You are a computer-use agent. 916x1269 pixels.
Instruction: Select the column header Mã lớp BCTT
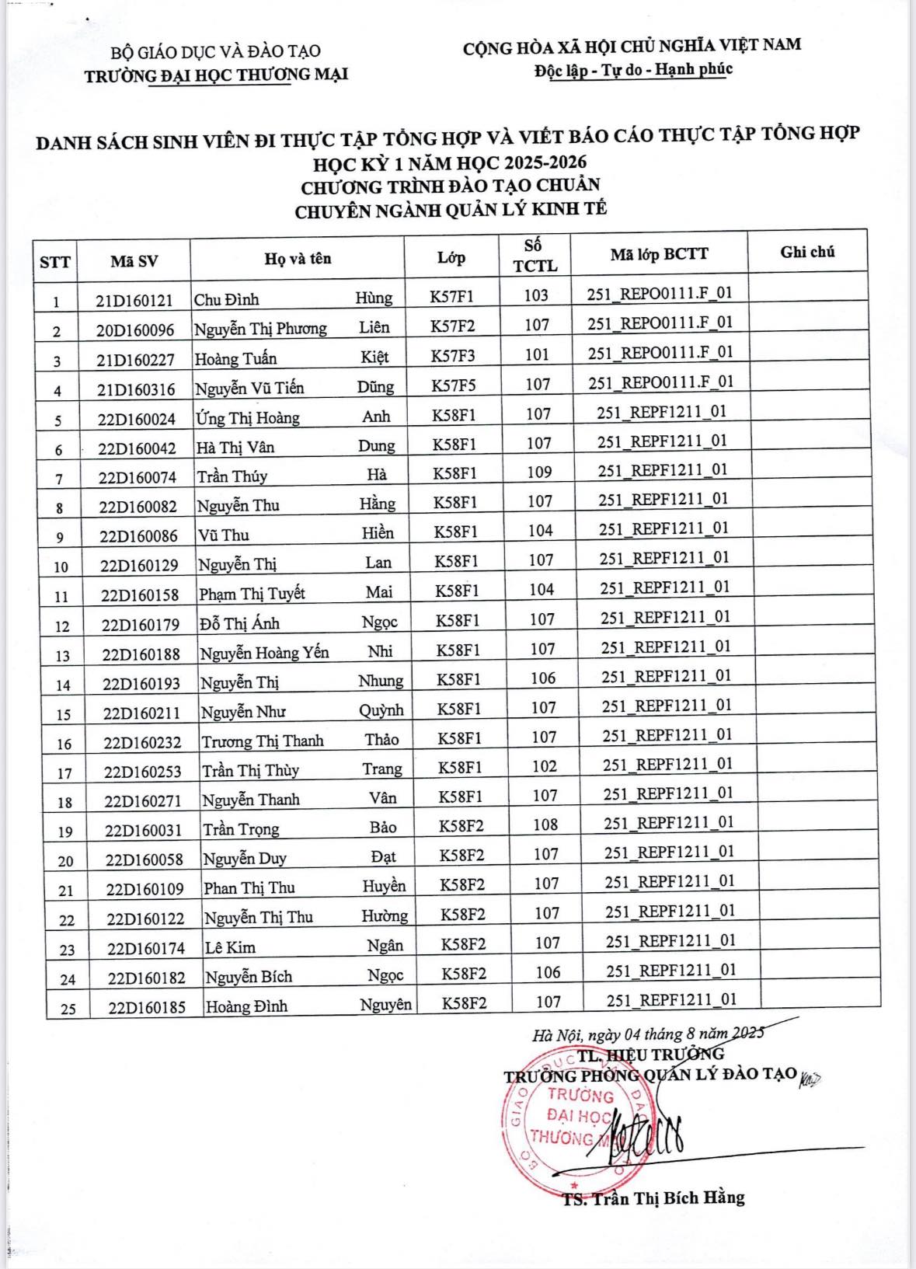(x=659, y=254)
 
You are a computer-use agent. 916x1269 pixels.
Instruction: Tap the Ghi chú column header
(x=807, y=252)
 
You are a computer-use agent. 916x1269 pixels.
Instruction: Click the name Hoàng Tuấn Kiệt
(x=291, y=358)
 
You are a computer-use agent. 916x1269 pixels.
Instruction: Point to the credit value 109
(x=539, y=472)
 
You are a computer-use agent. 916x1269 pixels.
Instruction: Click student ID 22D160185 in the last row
(x=147, y=1008)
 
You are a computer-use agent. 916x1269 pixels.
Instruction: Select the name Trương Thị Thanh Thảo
(x=300, y=741)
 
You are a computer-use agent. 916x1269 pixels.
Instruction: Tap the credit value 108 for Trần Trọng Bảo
(x=545, y=825)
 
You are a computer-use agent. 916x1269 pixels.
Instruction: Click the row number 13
(x=62, y=656)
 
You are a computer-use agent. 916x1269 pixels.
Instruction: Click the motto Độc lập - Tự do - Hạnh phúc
(x=633, y=70)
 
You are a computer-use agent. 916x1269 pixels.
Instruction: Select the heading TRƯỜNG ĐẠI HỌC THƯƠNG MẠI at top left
(x=216, y=75)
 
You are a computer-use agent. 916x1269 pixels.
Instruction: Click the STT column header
(x=54, y=262)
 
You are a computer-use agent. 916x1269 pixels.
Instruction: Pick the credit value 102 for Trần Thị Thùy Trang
(x=545, y=766)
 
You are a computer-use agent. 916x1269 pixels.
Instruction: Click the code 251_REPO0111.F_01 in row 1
(x=660, y=294)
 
